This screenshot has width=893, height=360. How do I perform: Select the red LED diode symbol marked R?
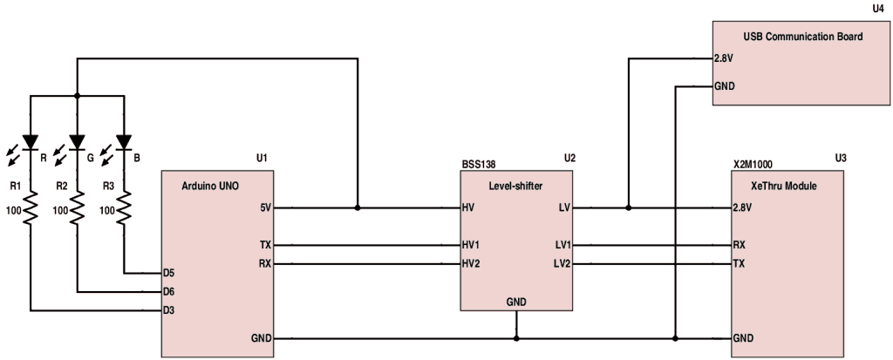(x=31, y=141)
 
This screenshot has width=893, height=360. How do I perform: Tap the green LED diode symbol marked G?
(x=77, y=141)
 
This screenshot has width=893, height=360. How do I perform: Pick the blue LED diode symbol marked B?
(x=123, y=141)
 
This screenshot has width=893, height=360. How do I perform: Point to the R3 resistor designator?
(x=108, y=186)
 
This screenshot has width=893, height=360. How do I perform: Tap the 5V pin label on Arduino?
(x=264, y=209)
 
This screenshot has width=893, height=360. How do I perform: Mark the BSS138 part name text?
(x=479, y=162)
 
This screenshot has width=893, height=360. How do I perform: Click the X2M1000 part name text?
(x=753, y=162)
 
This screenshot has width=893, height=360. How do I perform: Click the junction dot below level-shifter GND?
(x=517, y=337)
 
